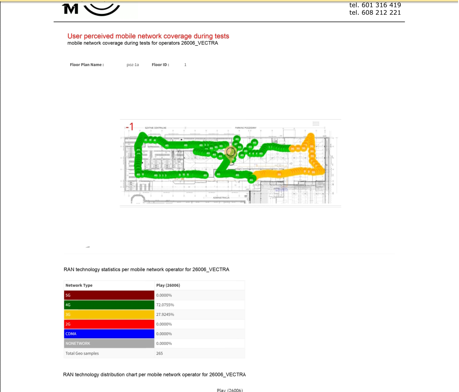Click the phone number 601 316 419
(x=380, y=5)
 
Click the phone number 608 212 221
(x=380, y=12)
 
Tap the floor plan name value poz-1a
(x=133, y=65)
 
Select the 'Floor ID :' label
(x=160, y=65)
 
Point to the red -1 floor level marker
(x=130, y=127)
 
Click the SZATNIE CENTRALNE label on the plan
(x=156, y=127)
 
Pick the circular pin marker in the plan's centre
(x=231, y=152)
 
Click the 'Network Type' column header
(x=79, y=285)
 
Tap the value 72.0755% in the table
(x=165, y=305)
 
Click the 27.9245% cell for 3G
(x=165, y=314)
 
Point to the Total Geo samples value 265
(x=160, y=353)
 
